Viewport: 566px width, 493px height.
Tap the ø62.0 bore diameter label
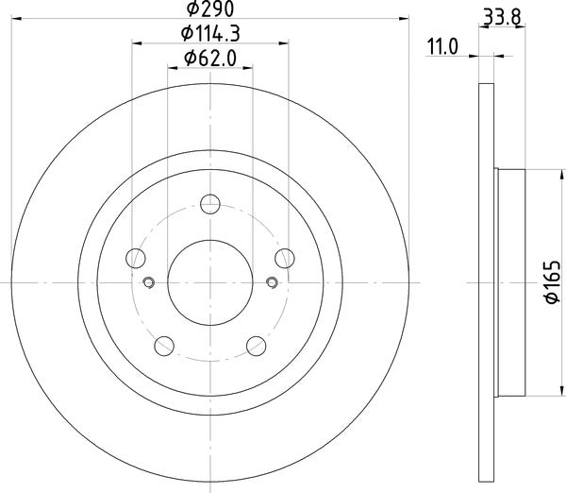[210, 59]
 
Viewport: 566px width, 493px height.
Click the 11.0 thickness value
[441, 45]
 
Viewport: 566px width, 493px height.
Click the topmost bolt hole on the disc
[210, 203]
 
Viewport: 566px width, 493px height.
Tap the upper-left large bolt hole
[136, 257]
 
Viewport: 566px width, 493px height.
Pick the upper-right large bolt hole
[285, 257]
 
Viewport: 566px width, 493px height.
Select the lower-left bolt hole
[164, 345]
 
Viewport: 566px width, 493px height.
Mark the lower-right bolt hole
[257, 345]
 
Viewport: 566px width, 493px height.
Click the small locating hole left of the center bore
[148, 280]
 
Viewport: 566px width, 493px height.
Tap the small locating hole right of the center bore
[273, 280]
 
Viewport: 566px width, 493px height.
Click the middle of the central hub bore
[210, 280]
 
